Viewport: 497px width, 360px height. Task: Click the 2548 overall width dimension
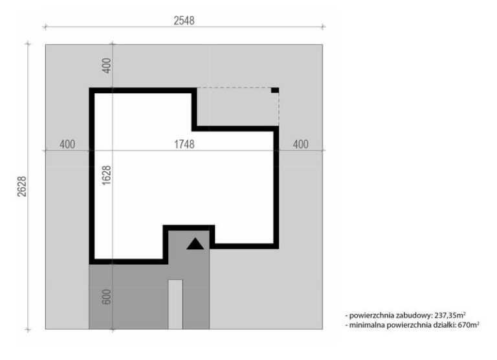tap(184, 21)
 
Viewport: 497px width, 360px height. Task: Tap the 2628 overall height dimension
tap(22, 186)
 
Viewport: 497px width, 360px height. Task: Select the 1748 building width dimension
tap(184, 144)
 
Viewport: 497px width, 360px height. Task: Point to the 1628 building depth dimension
tap(107, 175)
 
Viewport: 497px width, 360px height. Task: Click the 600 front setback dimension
tap(107, 297)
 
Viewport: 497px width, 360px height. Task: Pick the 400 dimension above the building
tap(107, 65)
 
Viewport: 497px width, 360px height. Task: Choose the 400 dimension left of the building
tap(67, 144)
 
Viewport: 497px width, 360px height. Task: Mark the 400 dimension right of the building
tap(300, 144)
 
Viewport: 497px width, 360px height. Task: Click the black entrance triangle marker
tap(195, 243)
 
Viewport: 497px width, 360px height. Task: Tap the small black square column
tap(275, 91)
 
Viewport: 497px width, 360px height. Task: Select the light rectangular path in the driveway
tap(175, 304)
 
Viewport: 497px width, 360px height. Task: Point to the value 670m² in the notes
tap(469, 324)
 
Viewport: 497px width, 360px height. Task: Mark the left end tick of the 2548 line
tap(45, 27)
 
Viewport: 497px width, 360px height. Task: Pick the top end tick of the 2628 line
tap(28, 44)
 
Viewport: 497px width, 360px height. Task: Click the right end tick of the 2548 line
tap(323, 27)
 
